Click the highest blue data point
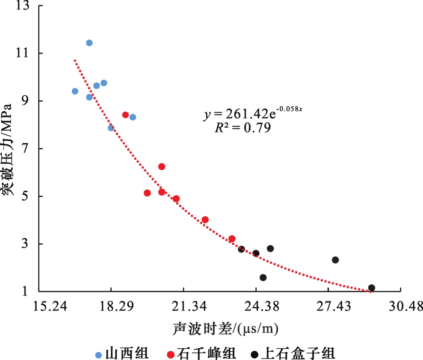pyautogui.click(x=90, y=43)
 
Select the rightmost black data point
pyautogui.click(x=372, y=287)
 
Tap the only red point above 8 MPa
pyautogui.click(x=125, y=115)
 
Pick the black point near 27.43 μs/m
pyautogui.click(x=335, y=260)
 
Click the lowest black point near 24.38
pyautogui.click(x=263, y=277)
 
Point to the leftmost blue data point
pyautogui.click(x=75, y=91)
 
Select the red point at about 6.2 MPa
pyautogui.click(x=162, y=167)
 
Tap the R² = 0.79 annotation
pyautogui.click(x=243, y=128)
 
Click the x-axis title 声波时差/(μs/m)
pyautogui.click(x=225, y=328)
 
